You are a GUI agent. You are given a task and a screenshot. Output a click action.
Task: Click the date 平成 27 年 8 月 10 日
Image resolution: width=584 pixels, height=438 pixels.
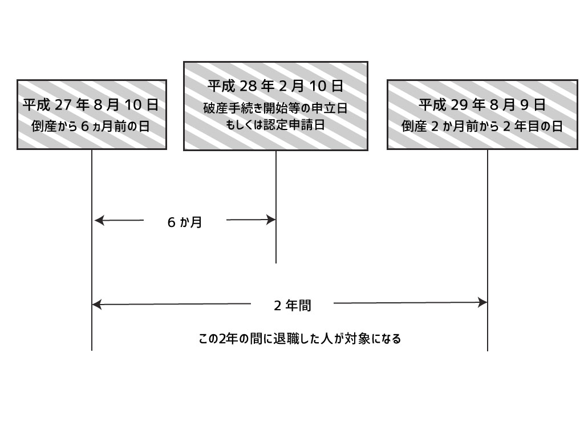pyautogui.click(x=91, y=105)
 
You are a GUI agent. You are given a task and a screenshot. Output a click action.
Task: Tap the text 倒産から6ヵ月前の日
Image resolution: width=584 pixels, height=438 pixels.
pyautogui.click(x=91, y=126)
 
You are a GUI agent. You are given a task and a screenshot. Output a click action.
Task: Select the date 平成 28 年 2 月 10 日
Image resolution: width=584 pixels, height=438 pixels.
pyautogui.click(x=275, y=86)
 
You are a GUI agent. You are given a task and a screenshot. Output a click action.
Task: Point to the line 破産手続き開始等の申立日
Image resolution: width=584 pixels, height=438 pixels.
pyautogui.click(x=275, y=108)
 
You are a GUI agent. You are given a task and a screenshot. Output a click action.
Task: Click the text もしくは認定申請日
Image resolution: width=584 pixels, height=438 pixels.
pyautogui.click(x=275, y=125)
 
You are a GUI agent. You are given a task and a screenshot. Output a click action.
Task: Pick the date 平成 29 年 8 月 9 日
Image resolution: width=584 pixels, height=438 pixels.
pyautogui.click(x=482, y=105)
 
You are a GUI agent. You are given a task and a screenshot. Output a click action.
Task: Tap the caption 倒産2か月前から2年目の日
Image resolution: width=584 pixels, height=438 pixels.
pyautogui.click(x=482, y=126)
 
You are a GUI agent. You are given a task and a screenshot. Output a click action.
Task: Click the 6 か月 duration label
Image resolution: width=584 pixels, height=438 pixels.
pyautogui.click(x=185, y=222)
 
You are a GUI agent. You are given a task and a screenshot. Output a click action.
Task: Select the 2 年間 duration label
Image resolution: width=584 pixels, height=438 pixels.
pyautogui.click(x=293, y=306)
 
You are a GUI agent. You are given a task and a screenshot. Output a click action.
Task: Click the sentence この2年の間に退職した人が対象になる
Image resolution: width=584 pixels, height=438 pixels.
pyautogui.click(x=300, y=339)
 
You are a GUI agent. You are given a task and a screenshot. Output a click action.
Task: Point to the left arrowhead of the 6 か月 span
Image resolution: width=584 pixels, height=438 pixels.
pyautogui.click(x=99, y=221)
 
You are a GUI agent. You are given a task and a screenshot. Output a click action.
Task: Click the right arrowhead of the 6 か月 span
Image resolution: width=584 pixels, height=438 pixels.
pyautogui.click(x=271, y=220)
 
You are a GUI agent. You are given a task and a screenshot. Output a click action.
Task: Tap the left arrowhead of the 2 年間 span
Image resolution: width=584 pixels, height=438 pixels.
pyautogui.click(x=97, y=305)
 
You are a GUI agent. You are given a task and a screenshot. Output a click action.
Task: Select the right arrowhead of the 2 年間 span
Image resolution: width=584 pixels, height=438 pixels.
pyautogui.click(x=482, y=302)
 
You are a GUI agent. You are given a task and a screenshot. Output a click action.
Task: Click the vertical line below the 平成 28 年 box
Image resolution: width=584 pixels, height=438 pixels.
pyautogui.click(x=276, y=206)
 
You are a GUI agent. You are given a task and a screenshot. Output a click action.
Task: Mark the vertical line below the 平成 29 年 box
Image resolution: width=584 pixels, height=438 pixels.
pyautogui.click(x=488, y=250)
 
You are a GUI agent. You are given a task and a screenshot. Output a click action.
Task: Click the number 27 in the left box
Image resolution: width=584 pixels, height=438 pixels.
pyautogui.click(x=63, y=105)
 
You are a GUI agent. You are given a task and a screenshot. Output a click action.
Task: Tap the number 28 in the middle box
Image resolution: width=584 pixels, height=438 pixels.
pyautogui.click(x=248, y=87)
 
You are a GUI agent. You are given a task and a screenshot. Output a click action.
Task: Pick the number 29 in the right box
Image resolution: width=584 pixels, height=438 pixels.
pyautogui.click(x=459, y=105)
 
